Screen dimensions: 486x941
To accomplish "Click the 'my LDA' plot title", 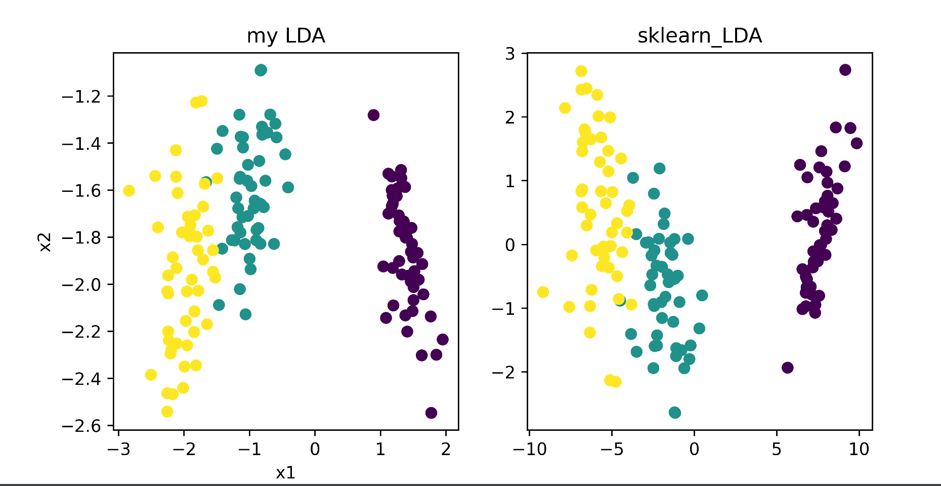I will (x=286, y=36).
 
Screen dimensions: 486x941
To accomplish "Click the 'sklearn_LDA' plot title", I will (x=700, y=36).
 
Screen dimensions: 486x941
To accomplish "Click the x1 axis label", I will (x=285, y=473).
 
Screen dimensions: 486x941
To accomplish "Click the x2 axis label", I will (x=45, y=242).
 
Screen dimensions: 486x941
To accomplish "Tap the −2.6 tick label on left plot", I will (x=81, y=426).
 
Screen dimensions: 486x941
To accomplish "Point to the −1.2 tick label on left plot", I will (x=81, y=96).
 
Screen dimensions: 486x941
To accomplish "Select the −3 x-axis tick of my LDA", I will (x=118, y=449).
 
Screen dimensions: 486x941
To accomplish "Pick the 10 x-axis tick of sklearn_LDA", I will (x=859, y=449).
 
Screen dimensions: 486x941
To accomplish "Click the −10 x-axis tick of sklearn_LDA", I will (x=529, y=449).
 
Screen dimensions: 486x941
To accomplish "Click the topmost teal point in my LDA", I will (x=261, y=70).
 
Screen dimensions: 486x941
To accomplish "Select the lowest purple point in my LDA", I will (x=431, y=413).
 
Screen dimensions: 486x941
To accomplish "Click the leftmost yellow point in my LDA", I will (x=129, y=190).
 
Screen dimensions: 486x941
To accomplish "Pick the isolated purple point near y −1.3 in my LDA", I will (x=373, y=115).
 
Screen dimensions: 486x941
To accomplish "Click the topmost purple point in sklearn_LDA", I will (x=845, y=70).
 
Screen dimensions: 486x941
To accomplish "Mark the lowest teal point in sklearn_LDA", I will (x=674, y=413).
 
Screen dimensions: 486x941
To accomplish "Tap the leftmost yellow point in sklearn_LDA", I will (x=543, y=292).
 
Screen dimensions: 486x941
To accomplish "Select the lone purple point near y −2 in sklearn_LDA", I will (x=787, y=368).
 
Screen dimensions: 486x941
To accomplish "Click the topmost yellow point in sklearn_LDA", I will (x=581, y=71).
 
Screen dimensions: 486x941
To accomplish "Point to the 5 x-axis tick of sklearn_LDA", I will (x=776, y=449).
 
